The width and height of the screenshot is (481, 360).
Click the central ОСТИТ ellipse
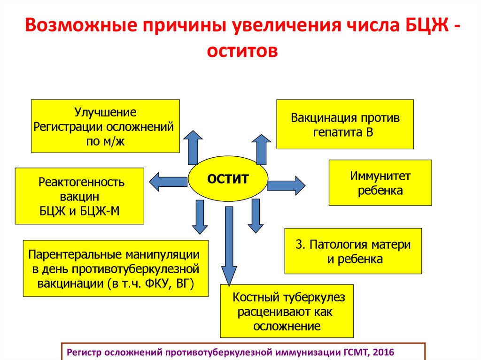228,179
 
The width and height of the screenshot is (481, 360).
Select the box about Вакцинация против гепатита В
345,124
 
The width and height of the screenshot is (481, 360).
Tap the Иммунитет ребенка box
380,183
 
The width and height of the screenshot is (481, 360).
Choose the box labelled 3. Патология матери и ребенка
353,251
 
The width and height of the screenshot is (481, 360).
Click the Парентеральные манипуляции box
116,268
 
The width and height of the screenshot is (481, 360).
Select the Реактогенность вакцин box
79,196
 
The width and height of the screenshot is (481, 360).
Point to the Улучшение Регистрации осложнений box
105,126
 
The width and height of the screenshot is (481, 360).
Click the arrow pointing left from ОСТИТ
167,181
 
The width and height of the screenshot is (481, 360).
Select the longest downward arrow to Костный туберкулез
229,244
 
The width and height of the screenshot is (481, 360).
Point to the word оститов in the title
240,51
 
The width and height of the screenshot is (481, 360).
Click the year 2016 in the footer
383,352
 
